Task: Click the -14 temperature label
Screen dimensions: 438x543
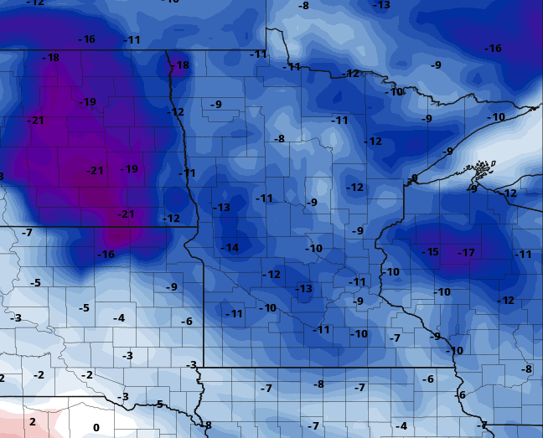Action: pyautogui.click(x=230, y=248)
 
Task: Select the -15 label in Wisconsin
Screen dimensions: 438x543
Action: pyautogui.click(x=430, y=252)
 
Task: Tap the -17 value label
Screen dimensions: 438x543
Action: pyautogui.click(x=466, y=252)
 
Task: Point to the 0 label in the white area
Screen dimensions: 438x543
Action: pyautogui.click(x=96, y=428)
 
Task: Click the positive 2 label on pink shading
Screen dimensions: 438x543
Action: pyautogui.click(x=33, y=421)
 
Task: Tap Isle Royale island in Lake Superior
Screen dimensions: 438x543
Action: pyautogui.click(x=481, y=168)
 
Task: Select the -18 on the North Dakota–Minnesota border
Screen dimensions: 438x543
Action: pyautogui.click(x=180, y=65)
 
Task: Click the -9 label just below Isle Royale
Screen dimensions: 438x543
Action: pyautogui.click(x=473, y=188)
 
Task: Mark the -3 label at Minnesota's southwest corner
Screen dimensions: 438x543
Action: pyautogui.click(x=191, y=365)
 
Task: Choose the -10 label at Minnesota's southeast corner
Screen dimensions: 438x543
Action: pyautogui.click(x=455, y=350)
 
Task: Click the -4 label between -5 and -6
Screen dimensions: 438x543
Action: pyautogui.click(x=119, y=318)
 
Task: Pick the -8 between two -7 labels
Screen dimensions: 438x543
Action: pyautogui.click(x=318, y=384)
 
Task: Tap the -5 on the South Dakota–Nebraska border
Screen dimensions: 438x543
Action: pyautogui.click(x=158, y=405)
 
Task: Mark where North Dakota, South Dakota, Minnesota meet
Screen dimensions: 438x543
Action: pyautogui.click(x=198, y=227)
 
